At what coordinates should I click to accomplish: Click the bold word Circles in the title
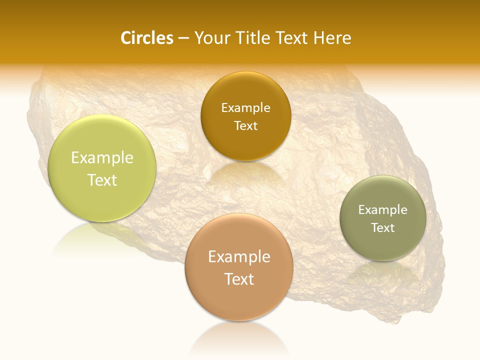pyautogui.click(x=146, y=38)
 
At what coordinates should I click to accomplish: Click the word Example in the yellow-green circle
pyautogui.click(x=102, y=158)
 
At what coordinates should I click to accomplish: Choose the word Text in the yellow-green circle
pyautogui.click(x=102, y=180)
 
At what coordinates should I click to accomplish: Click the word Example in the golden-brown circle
pyautogui.click(x=245, y=108)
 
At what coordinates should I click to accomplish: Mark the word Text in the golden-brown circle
pyautogui.click(x=245, y=125)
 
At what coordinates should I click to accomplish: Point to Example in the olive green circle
pyautogui.click(x=383, y=210)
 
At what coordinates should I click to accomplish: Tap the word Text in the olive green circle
pyautogui.click(x=383, y=227)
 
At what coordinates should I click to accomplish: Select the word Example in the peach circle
pyautogui.click(x=239, y=257)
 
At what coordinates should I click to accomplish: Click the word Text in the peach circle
pyautogui.click(x=239, y=279)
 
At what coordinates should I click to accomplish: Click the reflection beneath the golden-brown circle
pyautogui.click(x=245, y=172)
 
